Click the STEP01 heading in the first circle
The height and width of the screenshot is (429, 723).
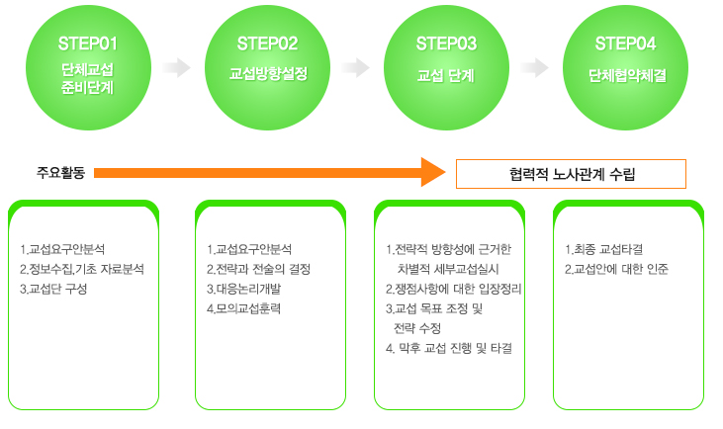[88, 43]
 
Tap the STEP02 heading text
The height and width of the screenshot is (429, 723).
[267, 43]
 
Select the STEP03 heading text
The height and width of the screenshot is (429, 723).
[446, 43]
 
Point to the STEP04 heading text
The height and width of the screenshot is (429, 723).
[625, 43]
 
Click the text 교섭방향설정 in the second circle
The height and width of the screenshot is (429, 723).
[268, 74]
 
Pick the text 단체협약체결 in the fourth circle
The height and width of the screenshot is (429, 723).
[627, 75]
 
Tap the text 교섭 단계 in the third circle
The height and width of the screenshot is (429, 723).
[445, 75]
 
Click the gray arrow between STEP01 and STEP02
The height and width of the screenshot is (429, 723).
[177, 68]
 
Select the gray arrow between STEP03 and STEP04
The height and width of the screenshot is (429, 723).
[534, 68]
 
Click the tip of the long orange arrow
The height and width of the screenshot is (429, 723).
[446, 172]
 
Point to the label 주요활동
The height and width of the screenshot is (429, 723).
[61, 173]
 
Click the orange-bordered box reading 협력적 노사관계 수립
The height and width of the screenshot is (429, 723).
[571, 174]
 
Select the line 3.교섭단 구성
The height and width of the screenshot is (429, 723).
[53, 289]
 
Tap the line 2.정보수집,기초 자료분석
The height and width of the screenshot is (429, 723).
[82, 269]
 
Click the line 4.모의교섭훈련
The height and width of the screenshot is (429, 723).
[243, 308]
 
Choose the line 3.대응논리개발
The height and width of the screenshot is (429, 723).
[243, 289]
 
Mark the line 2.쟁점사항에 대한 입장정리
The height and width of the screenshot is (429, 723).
[454, 289]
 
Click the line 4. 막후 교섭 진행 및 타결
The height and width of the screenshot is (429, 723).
[449, 348]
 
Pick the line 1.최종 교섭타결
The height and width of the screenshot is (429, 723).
[604, 249]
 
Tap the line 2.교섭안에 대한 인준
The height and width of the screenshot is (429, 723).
[616, 269]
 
